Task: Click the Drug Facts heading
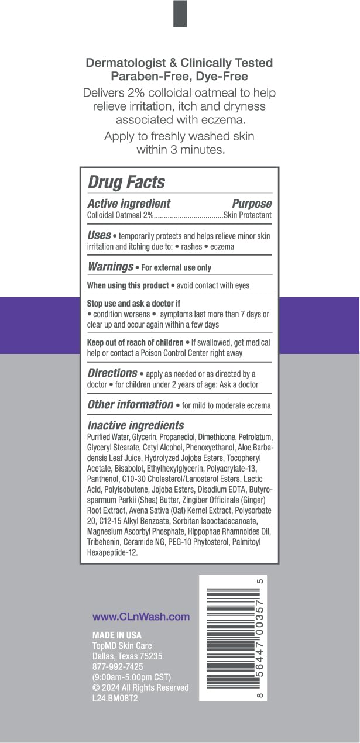(x=126, y=182)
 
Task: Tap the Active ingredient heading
(x=129, y=204)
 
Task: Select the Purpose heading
(x=252, y=204)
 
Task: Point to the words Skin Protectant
(x=248, y=215)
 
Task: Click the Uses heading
(x=99, y=235)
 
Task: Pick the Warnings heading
(x=110, y=267)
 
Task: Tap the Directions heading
(x=112, y=373)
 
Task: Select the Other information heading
(x=130, y=404)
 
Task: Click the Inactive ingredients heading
(x=135, y=426)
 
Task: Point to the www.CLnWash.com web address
(x=141, y=616)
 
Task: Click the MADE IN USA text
(x=117, y=635)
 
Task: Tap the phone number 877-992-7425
(x=118, y=666)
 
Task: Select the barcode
(x=232, y=638)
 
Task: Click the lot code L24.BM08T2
(x=115, y=698)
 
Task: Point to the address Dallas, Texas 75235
(x=128, y=656)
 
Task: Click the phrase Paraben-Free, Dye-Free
(x=179, y=76)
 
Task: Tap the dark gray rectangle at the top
(x=180, y=13)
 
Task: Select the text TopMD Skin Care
(x=122, y=645)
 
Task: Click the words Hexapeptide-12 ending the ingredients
(x=112, y=552)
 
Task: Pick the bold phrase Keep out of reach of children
(x=134, y=342)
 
